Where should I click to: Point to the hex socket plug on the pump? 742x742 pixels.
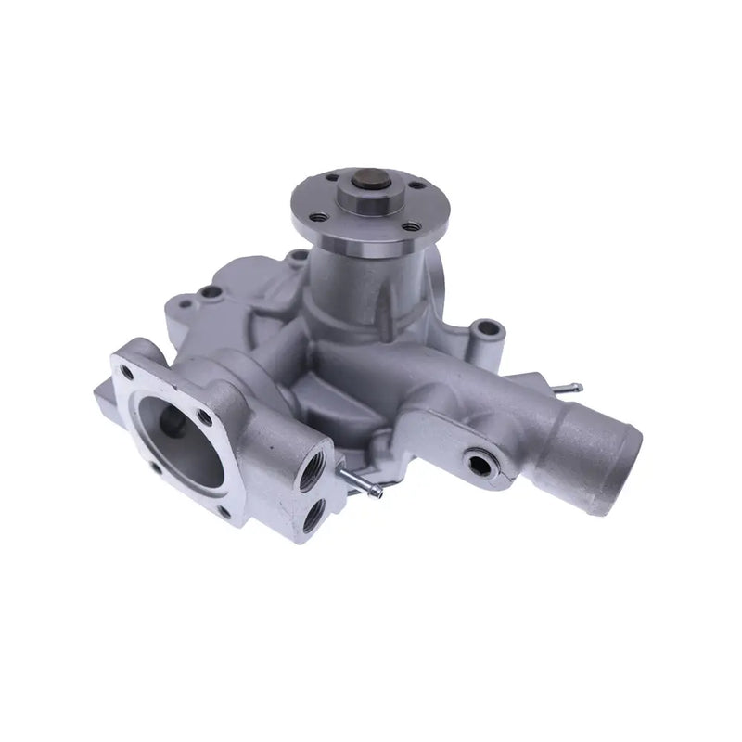(x=480, y=461)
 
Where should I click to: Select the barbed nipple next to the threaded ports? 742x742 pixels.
(x=356, y=481)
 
